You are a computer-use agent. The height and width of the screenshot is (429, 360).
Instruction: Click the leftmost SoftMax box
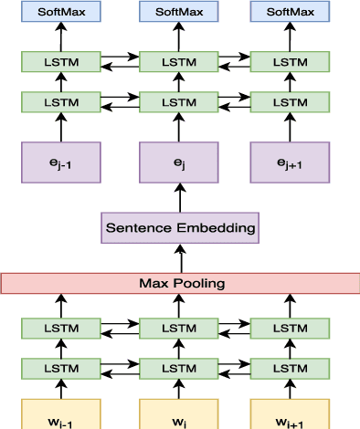point(62,12)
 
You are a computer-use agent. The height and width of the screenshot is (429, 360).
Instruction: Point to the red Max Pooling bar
point(179,283)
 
